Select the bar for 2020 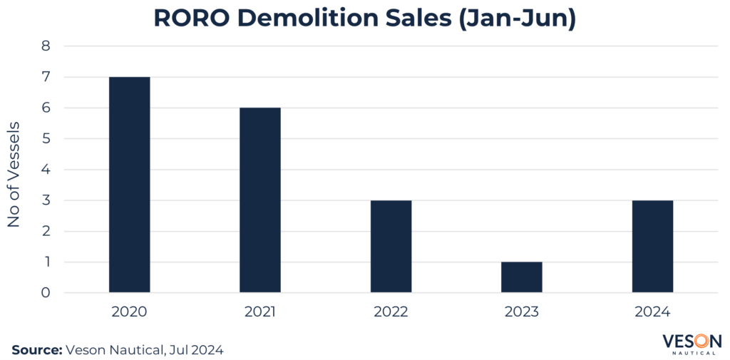(x=129, y=185)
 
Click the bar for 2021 (x=260, y=200)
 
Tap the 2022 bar (x=391, y=247)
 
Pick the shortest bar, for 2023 (x=522, y=277)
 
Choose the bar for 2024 (x=652, y=247)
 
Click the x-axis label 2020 (x=129, y=312)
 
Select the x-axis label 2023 (x=522, y=312)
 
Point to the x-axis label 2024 (x=652, y=312)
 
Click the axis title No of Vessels (x=14, y=175)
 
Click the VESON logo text (x=692, y=340)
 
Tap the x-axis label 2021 (x=260, y=312)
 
